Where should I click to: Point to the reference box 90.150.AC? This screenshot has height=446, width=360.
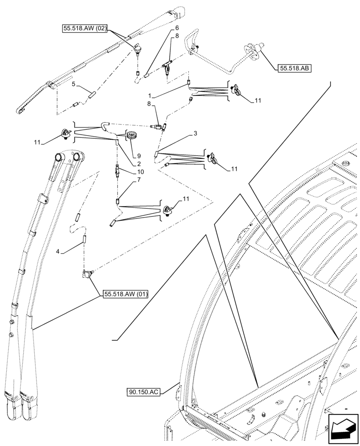(x=142, y=392)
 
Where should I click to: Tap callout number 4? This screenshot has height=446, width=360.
(x=58, y=252)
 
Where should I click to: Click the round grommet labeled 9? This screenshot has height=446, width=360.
(x=132, y=136)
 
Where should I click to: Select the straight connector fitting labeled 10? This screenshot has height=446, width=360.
(x=118, y=170)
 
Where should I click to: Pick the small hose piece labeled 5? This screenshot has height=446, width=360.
(x=92, y=94)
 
